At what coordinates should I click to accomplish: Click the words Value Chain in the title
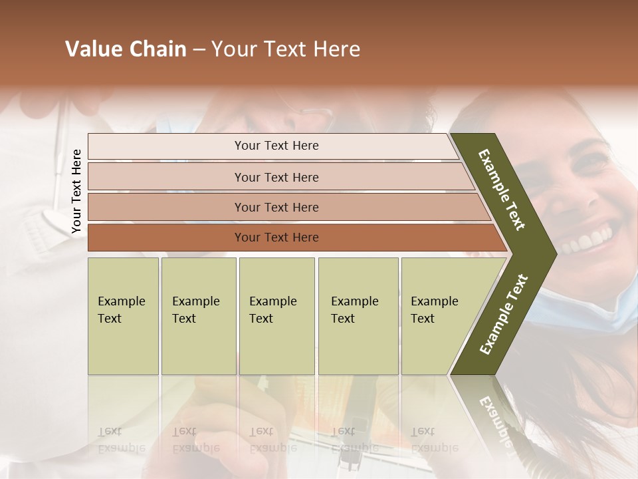coord(126,49)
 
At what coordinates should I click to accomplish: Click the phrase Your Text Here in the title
coord(286,49)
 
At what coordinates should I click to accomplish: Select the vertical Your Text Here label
coord(76,192)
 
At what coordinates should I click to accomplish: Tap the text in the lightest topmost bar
coord(276,146)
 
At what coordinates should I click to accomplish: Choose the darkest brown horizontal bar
coord(276,238)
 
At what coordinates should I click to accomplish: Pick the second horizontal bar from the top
coord(276,177)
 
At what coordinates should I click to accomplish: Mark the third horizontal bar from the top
coord(276,207)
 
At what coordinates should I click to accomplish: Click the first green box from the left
coord(123,316)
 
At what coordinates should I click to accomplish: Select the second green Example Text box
coord(198,316)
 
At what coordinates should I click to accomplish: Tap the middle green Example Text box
coord(276,316)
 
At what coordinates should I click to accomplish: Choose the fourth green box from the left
coord(358,316)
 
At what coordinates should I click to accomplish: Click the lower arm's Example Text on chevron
coord(503,315)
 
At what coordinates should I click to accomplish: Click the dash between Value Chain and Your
coord(199,50)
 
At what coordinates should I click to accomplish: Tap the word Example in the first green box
coord(121,301)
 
